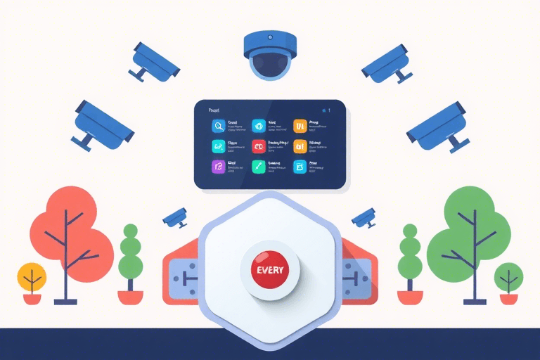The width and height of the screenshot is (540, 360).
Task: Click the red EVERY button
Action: tap(269, 269)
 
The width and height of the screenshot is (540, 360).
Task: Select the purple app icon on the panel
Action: tap(218, 167)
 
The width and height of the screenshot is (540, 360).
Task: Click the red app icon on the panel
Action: tap(259, 146)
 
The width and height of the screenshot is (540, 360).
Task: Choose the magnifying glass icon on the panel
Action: tap(218, 126)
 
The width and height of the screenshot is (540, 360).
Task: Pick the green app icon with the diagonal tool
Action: tap(259, 167)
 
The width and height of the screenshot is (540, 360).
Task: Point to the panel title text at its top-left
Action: tap(215, 110)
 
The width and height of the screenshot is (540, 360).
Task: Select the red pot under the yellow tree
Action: tap(32, 298)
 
